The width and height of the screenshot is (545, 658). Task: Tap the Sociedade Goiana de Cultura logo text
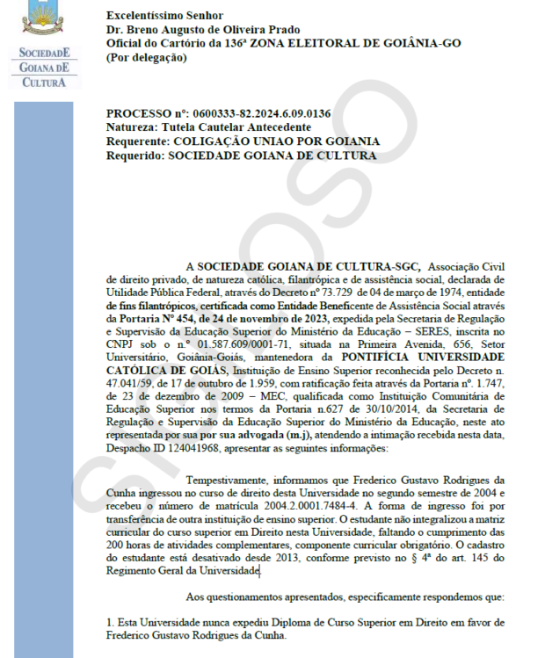tap(45, 69)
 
